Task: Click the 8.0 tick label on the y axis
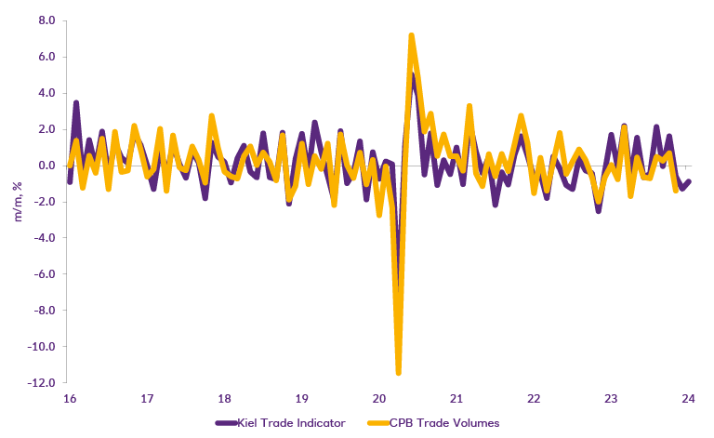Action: click(x=45, y=20)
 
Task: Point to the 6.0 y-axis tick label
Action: click(x=45, y=56)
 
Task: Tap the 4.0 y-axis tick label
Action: click(x=45, y=92)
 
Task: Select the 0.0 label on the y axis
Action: click(x=45, y=165)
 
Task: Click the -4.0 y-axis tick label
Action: click(x=43, y=237)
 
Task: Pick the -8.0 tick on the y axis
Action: click(x=43, y=310)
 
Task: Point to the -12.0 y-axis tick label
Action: click(x=40, y=382)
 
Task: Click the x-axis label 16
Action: click(x=69, y=399)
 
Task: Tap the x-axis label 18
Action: click(x=224, y=399)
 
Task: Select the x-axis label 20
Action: click(x=378, y=399)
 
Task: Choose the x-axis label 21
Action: click(x=456, y=399)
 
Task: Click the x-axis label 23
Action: click(x=611, y=399)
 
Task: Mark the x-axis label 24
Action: click(x=688, y=399)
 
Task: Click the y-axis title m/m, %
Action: click(x=16, y=200)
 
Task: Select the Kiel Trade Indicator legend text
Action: click(x=295, y=423)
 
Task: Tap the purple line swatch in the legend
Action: click(x=228, y=423)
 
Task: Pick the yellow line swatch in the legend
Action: click(x=389, y=423)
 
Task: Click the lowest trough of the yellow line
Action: click(x=398, y=373)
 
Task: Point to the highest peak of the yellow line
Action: click(x=411, y=35)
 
